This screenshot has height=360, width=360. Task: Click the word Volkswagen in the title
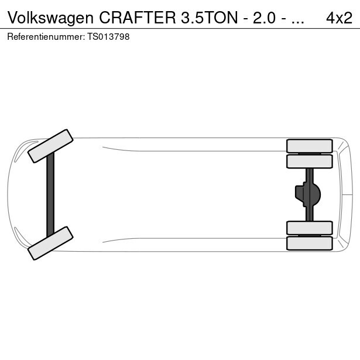tap(50, 18)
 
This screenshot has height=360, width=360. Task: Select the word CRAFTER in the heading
tap(138, 18)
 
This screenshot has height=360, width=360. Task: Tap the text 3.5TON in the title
tap(210, 18)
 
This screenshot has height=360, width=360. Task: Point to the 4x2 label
tap(339, 18)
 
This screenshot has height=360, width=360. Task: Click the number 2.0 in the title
tap(264, 18)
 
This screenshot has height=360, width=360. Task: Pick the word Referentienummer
tap(46, 37)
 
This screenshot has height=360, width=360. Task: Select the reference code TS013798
tap(108, 37)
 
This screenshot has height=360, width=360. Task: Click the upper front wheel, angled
tap(50, 146)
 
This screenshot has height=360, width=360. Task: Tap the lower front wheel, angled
tap(50, 243)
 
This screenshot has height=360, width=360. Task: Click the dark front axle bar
tap(50, 195)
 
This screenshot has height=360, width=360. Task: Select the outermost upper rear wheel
tap(310, 146)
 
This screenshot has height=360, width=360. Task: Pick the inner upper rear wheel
tap(310, 162)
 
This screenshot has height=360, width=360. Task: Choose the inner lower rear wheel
tap(310, 228)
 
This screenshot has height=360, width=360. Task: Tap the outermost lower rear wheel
tap(310, 244)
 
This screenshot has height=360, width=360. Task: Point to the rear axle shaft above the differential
tap(310, 176)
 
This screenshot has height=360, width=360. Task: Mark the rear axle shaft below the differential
tap(310, 214)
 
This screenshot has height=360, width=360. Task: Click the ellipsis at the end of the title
tap(297, 22)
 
